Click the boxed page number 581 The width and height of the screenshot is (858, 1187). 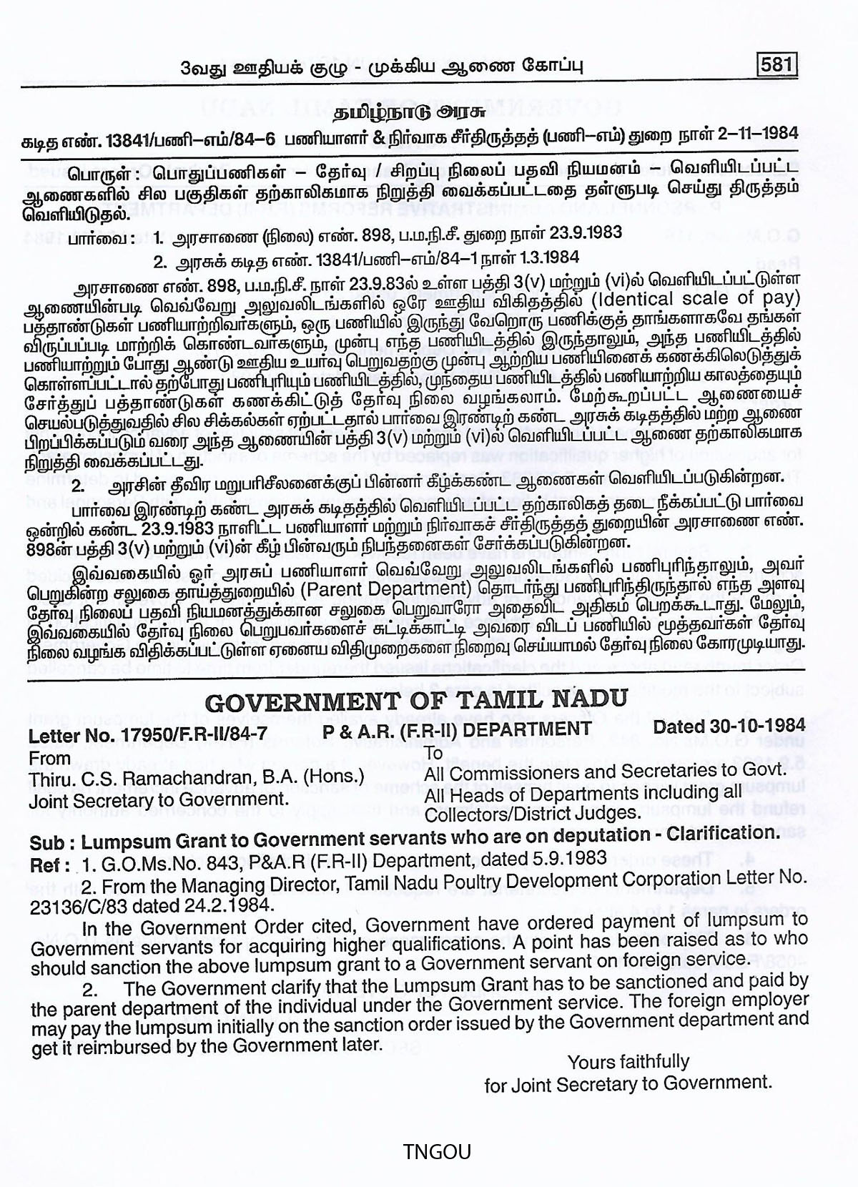776,65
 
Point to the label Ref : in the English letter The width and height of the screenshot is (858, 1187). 50,865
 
